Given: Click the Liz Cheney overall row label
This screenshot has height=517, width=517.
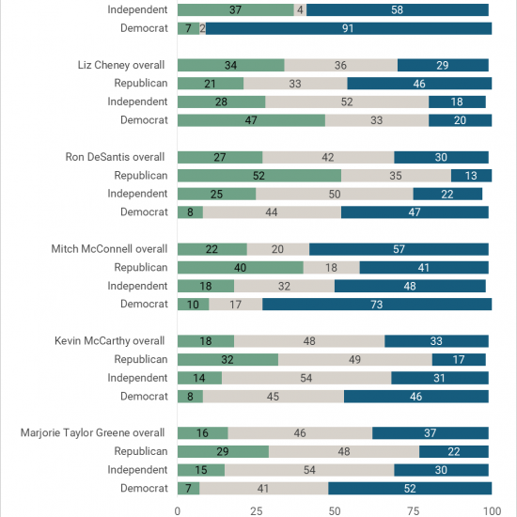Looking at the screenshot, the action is coord(121,65).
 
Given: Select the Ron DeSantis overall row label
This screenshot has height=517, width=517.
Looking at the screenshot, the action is coord(115,157).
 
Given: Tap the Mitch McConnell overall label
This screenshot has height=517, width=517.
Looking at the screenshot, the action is coord(109,249).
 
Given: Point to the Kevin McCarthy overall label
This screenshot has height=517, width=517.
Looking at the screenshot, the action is coord(109,341).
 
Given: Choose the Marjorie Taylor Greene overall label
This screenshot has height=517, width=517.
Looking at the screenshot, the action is coord(92,433).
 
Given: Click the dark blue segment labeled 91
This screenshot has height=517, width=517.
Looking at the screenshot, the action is coord(349,28).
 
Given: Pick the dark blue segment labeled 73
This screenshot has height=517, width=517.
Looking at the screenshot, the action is coord(377,304).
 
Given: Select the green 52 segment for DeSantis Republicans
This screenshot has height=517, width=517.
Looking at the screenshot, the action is coord(259,176).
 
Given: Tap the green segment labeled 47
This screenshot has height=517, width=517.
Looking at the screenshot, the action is coord(251,120).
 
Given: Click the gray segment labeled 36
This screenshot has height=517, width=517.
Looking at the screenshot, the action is coord(340,65).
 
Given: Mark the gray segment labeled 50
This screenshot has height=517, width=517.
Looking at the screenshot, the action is coord(335,194).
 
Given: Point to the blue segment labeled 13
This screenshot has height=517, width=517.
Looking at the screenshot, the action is coord(471,176).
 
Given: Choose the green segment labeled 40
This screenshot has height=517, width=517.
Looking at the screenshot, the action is coord(241,267).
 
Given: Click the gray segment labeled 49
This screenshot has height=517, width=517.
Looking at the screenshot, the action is coord(355,359).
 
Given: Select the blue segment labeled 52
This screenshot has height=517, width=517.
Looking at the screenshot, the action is coord(410,488).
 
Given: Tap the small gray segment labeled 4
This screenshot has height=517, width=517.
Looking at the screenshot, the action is coord(300,10).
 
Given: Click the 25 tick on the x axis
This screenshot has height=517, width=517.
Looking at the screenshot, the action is coord(257,511).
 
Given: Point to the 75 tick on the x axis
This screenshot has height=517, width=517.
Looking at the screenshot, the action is coord(414,511).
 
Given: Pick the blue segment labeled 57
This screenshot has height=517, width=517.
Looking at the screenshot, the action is coord(399,249).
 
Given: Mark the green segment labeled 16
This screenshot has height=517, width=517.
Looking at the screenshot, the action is coord(203,433).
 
